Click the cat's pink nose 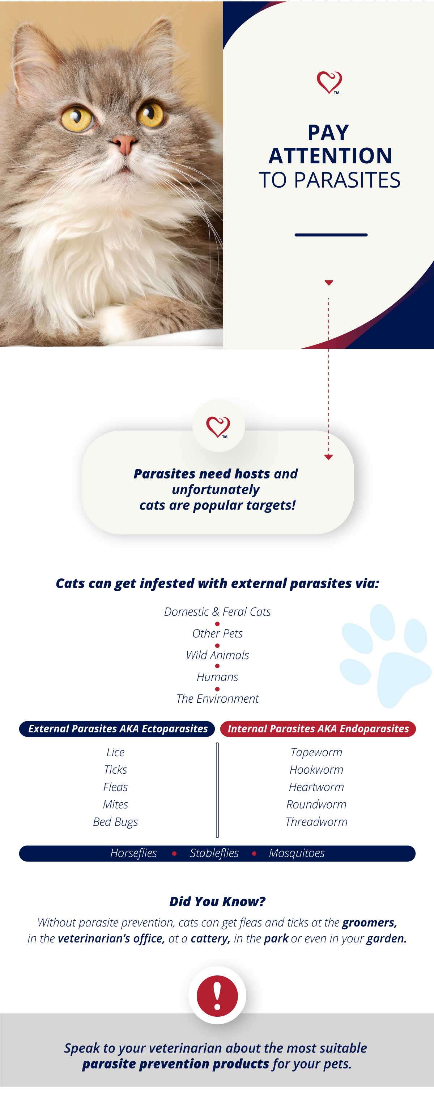tap(124, 144)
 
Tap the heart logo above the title tap(329, 82)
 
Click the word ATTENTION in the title tap(330, 156)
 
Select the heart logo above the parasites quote tap(218, 427)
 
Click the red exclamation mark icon tap(217, 996)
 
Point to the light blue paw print tap(385, 655)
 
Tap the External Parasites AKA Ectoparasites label tap(117, 728)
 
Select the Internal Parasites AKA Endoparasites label tap(318, 728)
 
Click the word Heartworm tap(316, 787)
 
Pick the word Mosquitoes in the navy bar tap(297, 853)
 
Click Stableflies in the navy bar tap(214, 853)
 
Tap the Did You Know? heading tap(217, 901)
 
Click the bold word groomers tap(369, 922)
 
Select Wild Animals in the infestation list tap(217, 655)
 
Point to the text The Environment tap(217, 699)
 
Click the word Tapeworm tap(316, 752)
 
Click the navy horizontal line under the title tap(331, 235)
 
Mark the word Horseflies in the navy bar tap(133, 853)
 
